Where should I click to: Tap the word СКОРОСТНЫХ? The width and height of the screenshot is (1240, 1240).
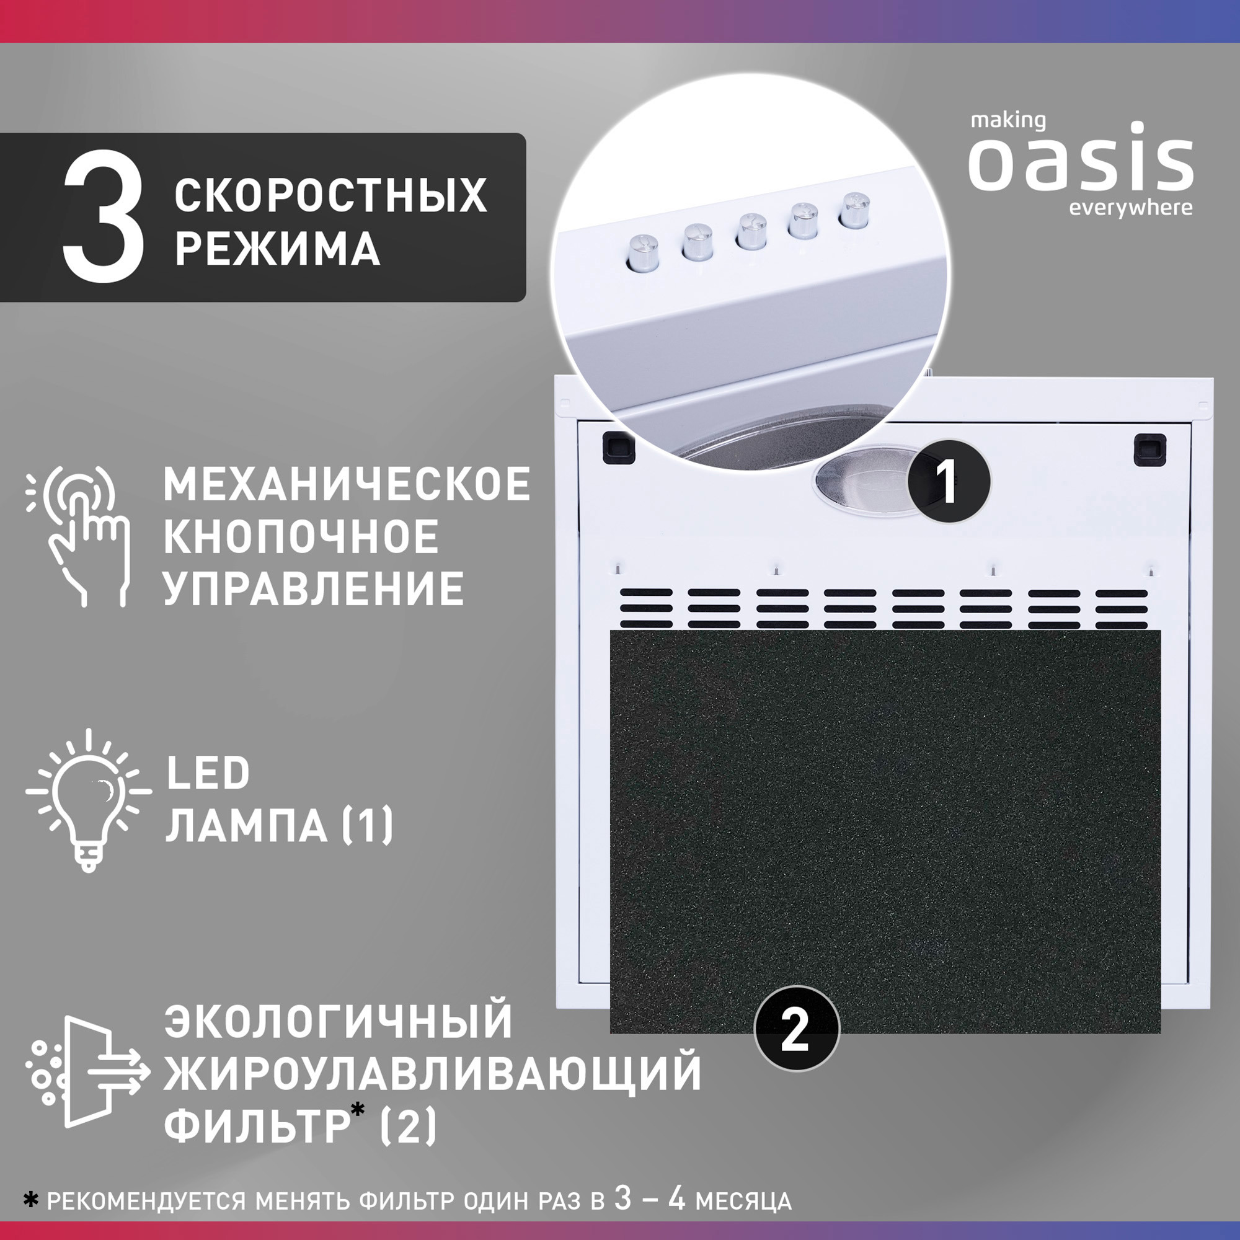(x=330, y=195)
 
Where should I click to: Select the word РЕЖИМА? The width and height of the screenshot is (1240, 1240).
(x=277, y=249)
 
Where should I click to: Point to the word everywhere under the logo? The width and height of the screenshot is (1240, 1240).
(x=1130, y=208)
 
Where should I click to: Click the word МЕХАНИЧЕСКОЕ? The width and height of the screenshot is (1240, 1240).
(x=347, y=485)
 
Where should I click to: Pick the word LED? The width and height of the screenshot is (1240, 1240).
(x=208, y=773)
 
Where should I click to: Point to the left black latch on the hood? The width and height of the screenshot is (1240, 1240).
(x=618, y=448)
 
